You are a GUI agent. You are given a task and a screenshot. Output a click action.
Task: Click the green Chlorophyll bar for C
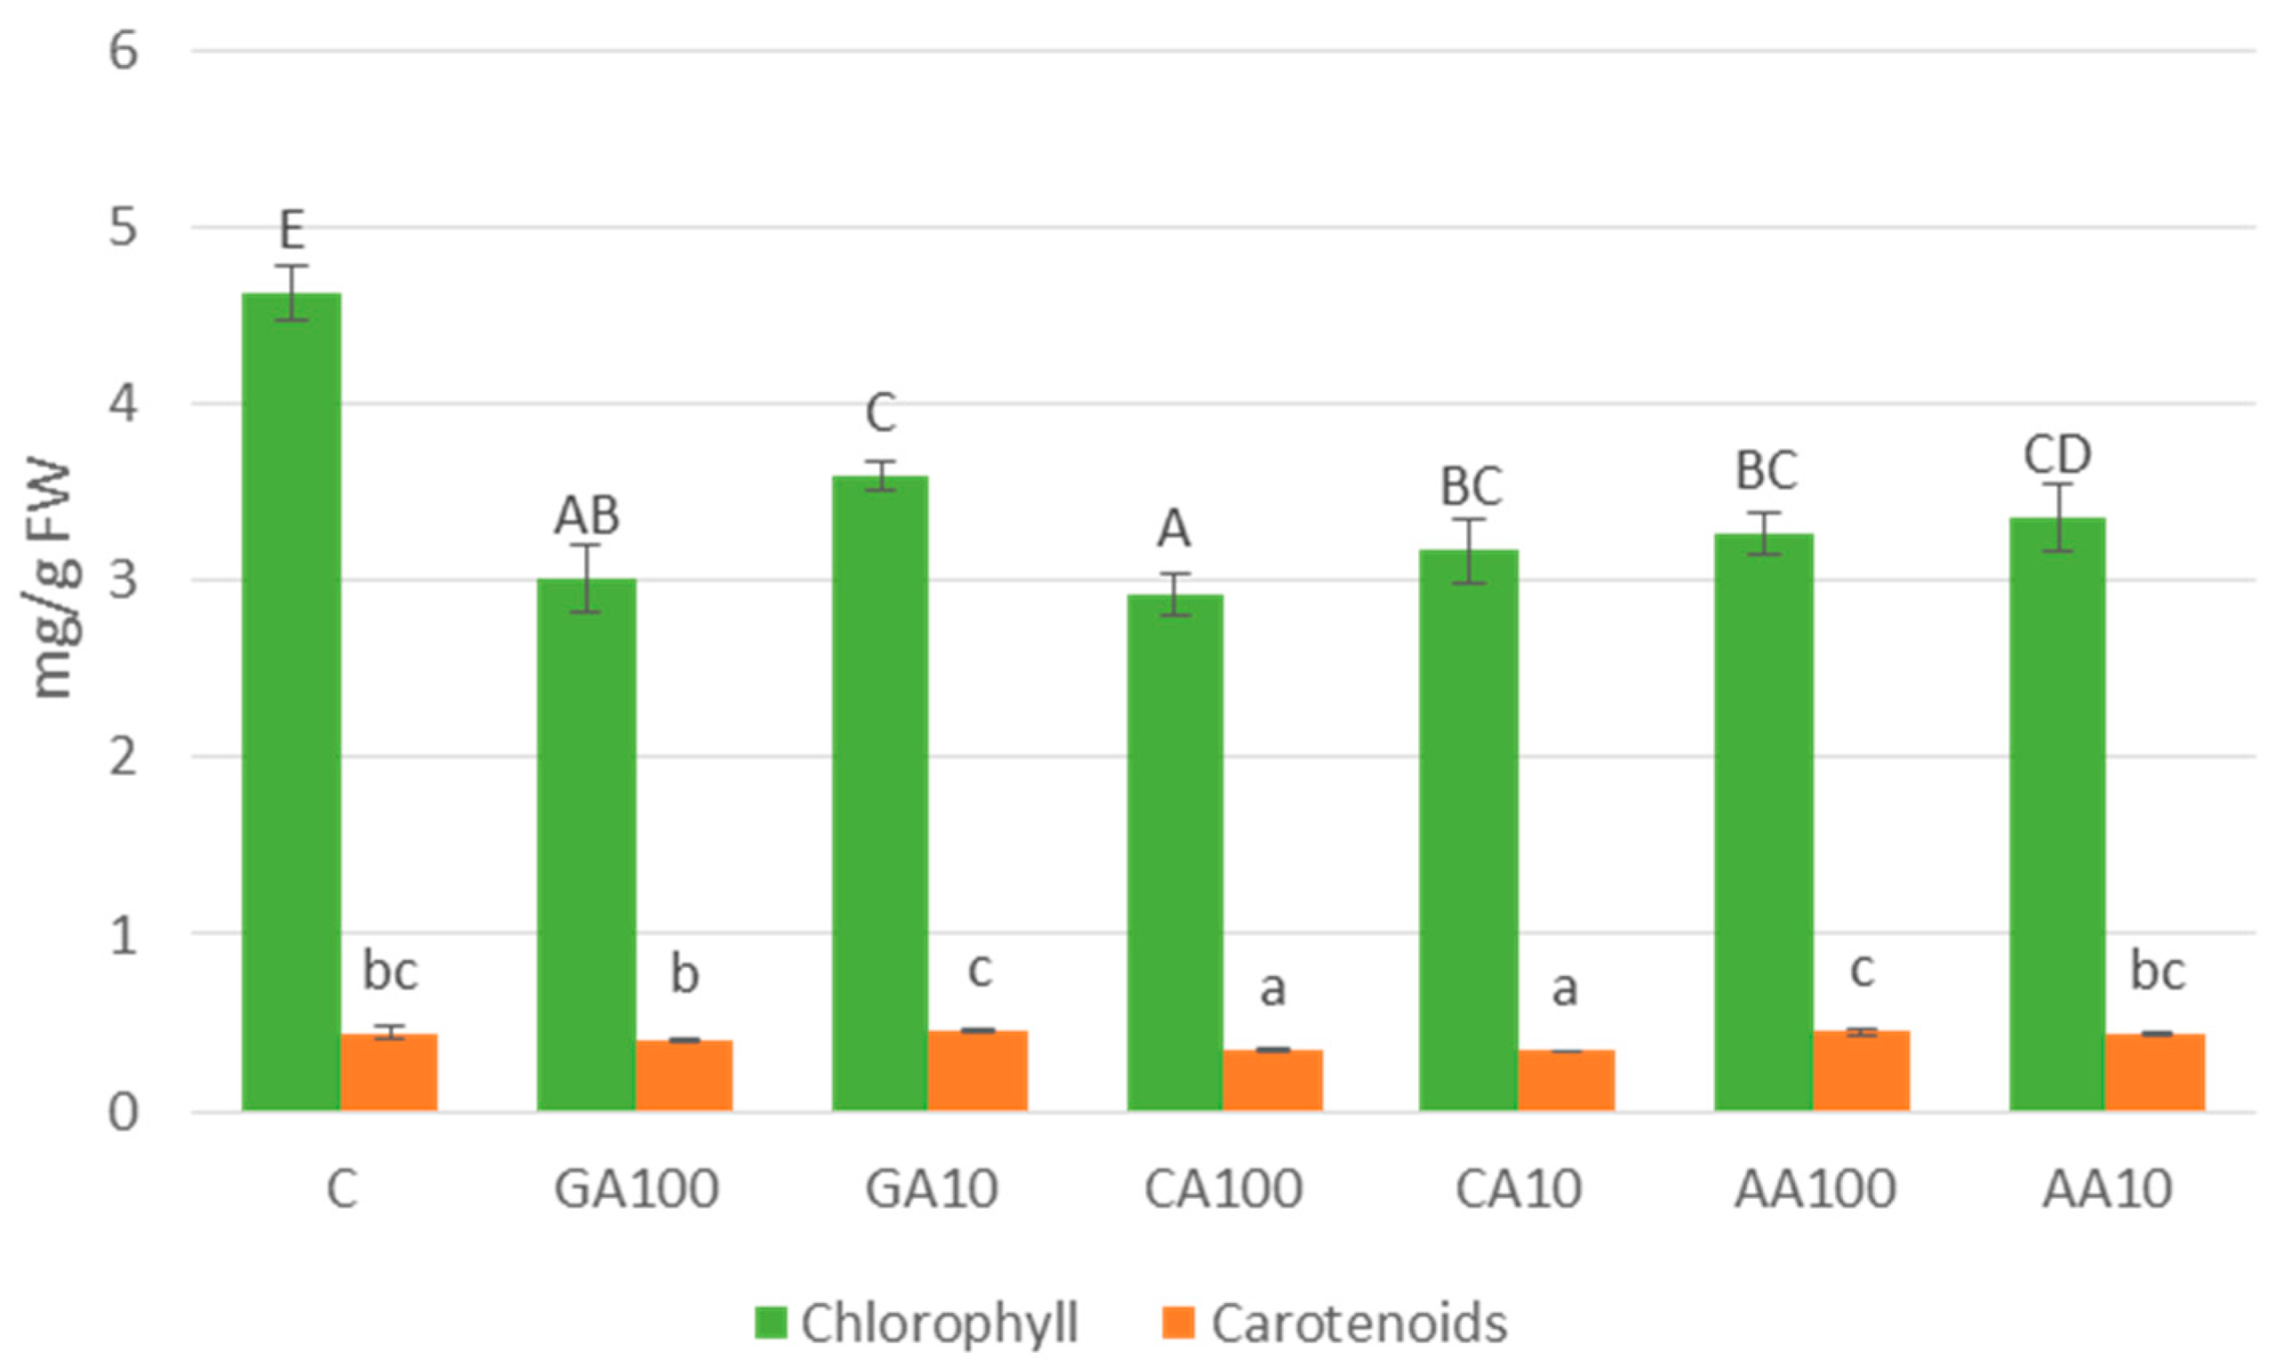coord(291,701)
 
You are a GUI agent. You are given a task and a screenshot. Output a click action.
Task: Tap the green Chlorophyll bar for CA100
coord(1175,852)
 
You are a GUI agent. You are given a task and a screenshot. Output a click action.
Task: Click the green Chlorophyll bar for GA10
coord(880,793)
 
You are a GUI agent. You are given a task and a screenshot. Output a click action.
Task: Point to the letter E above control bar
coord(291,230)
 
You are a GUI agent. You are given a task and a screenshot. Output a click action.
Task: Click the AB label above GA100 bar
coord(586,516)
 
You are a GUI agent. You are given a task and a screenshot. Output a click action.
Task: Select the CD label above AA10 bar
coord(2057,454)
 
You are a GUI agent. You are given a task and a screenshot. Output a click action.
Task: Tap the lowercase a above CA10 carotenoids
coord(1564,989)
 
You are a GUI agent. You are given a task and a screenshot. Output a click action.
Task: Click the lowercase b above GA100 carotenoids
coord(684,974)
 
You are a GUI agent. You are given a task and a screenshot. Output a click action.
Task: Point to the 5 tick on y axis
coord(123,227)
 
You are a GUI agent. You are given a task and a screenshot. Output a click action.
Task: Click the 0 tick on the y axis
coord(123,1112)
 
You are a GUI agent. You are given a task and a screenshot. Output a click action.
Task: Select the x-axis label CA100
coord(1222,1189)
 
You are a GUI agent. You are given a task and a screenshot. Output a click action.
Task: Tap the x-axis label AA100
coord(1815,1189)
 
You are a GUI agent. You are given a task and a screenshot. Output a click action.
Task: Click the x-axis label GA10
coord(931,1189)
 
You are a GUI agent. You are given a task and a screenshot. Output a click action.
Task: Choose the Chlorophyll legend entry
coord(938,1323)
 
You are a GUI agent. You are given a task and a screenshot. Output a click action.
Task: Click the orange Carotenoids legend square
coord(1179,1323)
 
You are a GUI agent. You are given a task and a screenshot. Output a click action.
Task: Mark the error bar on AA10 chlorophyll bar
coord(2057,517)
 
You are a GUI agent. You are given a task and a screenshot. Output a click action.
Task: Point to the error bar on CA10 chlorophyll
coord(1469,551)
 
